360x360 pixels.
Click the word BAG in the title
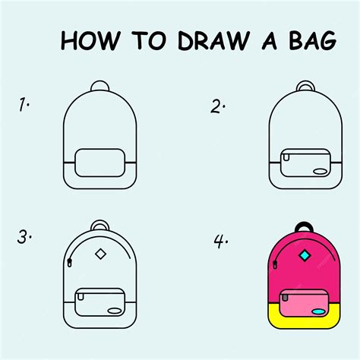(308, 40)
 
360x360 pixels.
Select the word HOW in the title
(86, 40)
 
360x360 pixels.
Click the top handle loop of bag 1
(100, 87)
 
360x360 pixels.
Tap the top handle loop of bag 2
(305, 87)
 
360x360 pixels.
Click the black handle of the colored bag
(305, 227)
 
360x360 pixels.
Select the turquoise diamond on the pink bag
(305, 256)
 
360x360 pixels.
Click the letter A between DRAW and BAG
(259, 40)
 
